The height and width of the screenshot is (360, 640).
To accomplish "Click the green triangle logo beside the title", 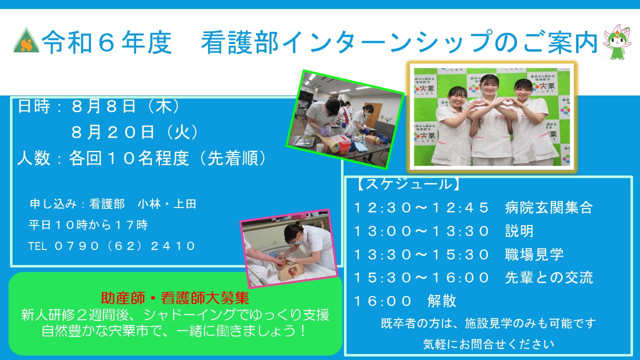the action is click(x=26, y=40).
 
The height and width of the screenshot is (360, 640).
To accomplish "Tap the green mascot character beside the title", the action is click(x=617, y=42).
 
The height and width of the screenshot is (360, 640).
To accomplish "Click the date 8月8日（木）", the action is click(x=126, y=106).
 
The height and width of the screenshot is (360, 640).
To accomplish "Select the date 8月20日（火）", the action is click(x=135, y=132).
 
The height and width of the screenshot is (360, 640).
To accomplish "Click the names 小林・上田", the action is click(x=167, y=204).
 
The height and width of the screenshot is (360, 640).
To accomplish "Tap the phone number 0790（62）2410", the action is click(x=125, y=246).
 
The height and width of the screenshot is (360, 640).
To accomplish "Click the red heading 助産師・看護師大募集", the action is click(x=175, y=298).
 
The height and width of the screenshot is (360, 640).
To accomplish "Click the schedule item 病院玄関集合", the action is click(x=549, y=207).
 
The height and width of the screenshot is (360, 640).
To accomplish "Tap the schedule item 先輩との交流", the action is click(x=549, y=277).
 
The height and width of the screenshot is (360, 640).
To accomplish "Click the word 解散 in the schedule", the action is click(x=441, y=301).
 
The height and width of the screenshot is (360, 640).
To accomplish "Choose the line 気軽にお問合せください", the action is click(x=488, y=344).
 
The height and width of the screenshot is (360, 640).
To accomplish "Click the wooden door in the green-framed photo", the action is click(x=373, y=115).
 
